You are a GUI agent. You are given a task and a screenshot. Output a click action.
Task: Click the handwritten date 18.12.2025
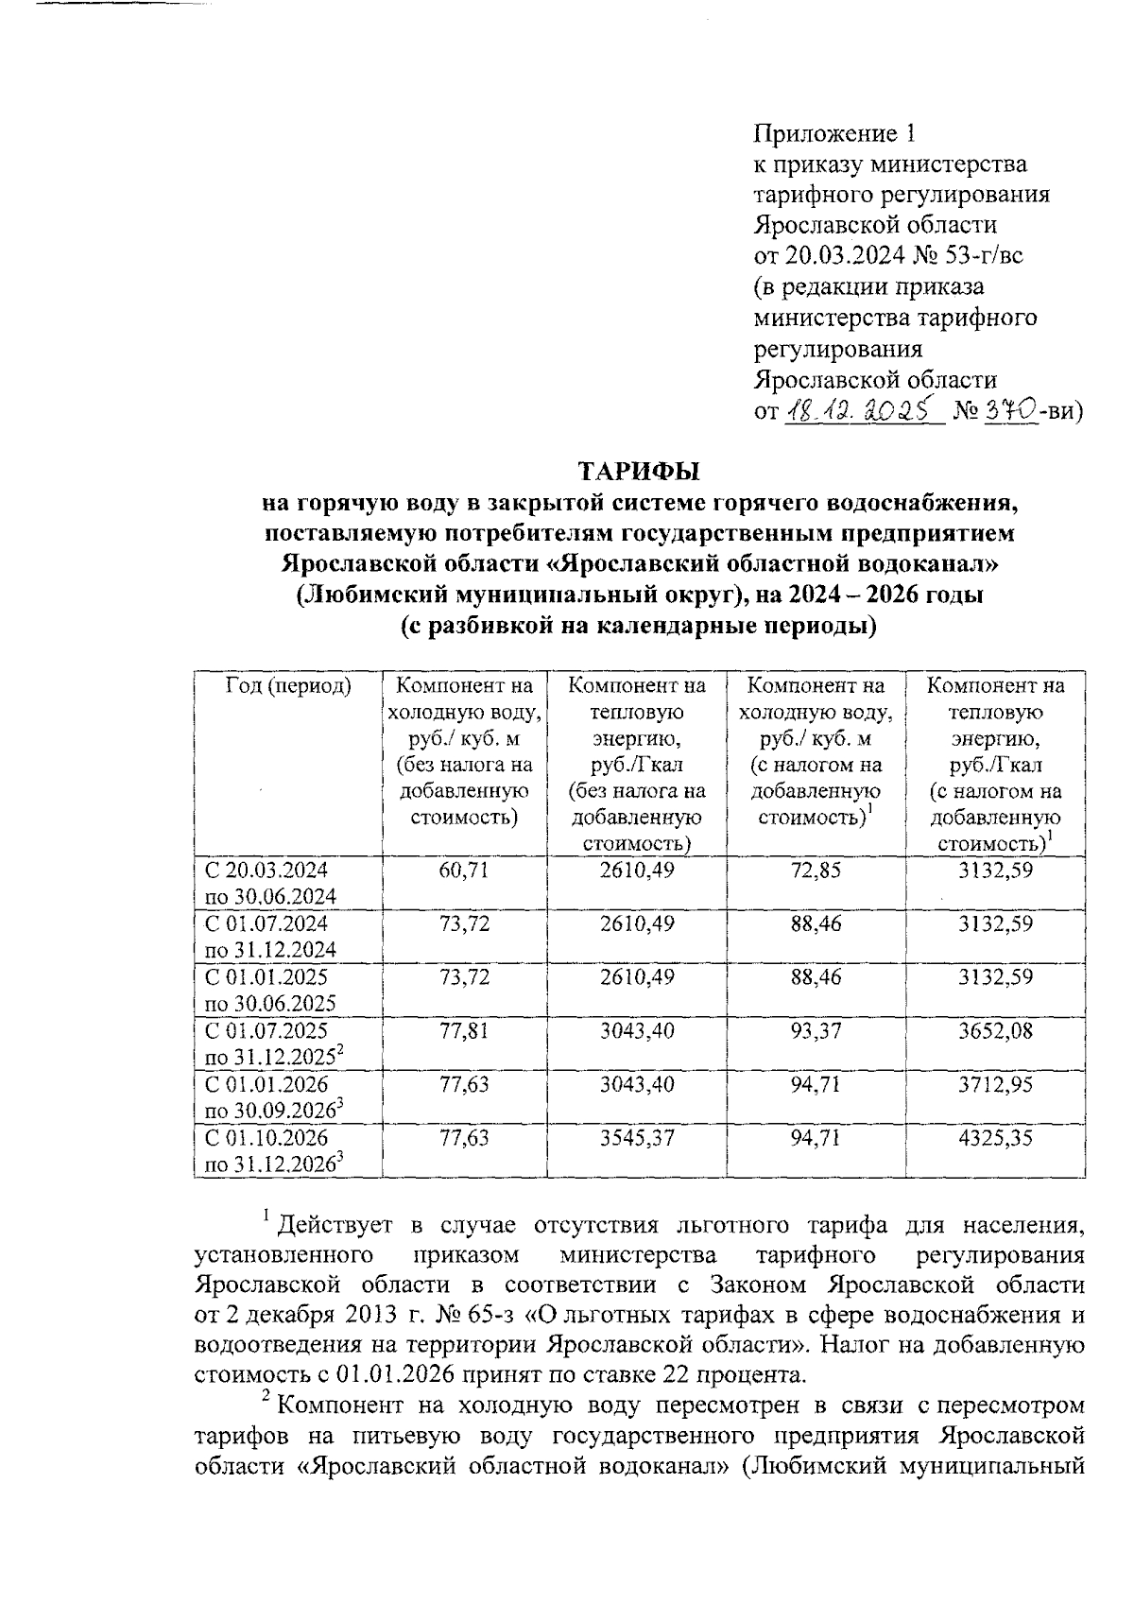pos(864,410)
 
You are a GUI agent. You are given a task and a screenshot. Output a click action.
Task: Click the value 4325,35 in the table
pos(995,1138)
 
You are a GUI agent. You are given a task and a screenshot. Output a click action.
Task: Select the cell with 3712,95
pos(995,1084)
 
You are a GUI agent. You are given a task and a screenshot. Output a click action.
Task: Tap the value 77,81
pos(464,1031)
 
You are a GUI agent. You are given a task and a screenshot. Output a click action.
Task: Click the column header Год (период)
pos(287,687)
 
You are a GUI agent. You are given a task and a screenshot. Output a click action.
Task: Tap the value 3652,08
pos(995,1031)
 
